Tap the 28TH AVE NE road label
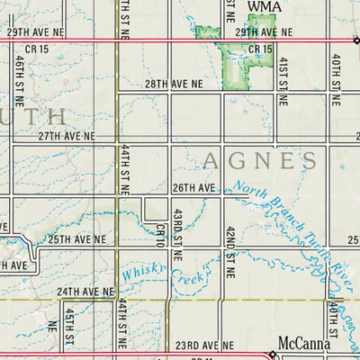tap(174, 83)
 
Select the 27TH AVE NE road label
tap(66, 137)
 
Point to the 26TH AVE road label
tap(194, 188)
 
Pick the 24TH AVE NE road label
tap(85, 292)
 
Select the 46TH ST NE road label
tap(19, 78)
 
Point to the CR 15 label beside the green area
tap(261, 49)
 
